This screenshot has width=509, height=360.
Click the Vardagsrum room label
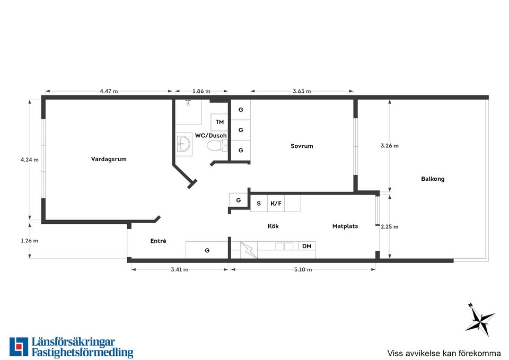click(109, 159)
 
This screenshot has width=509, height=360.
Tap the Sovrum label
click(302, 146)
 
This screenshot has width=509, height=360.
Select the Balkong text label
click(433, 179)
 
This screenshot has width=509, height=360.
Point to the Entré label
click(159, 241)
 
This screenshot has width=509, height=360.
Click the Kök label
click(274, 226)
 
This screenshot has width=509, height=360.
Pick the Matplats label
click(345, 226)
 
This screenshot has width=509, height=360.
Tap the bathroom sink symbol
click(184, 143)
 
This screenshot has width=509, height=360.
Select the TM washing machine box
click(220, 122)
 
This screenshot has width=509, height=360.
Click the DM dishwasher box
click(307, 246)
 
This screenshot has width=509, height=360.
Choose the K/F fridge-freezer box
click(276, 203)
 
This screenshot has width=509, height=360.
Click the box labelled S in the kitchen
click(259, 203)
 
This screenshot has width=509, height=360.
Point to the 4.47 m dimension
click(109, 91)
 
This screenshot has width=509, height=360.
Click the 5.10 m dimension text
click(303, 269)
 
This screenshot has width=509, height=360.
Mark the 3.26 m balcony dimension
click(390, 146)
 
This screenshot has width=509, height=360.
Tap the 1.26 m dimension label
click(30, 241)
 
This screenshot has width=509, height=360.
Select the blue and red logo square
click(19, 347)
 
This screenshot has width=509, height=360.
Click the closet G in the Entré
click(207, 250)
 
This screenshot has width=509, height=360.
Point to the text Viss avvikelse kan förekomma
click(444, 353)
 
